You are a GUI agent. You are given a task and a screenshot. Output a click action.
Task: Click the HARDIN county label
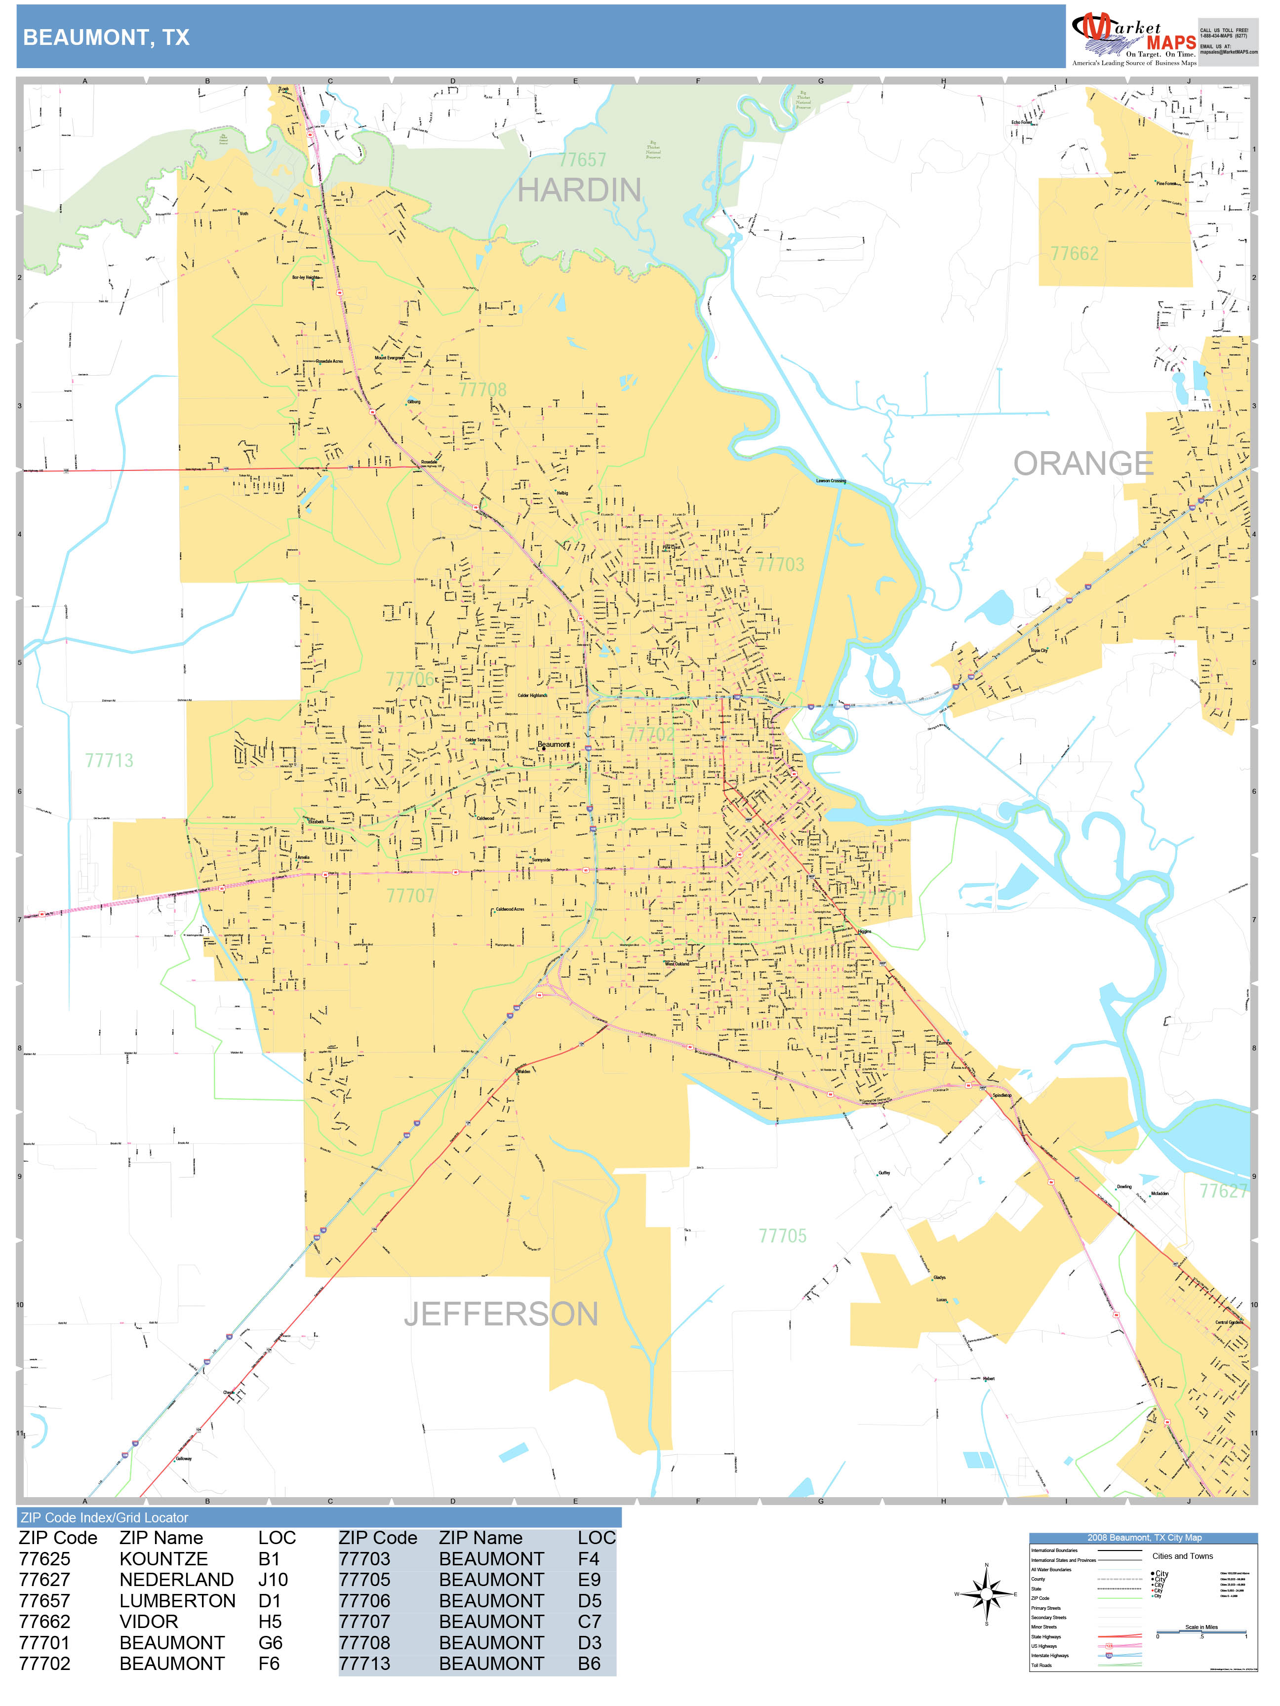(x=579, y=190)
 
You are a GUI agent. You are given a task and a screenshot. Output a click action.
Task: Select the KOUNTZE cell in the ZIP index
(x=163, y=1559)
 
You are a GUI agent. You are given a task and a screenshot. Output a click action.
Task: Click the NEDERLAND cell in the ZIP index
(x=176, y=1580)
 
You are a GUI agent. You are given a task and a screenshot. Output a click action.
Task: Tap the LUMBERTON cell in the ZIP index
(x=177, y=1600)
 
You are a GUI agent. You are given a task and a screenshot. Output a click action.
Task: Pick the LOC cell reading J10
(x=273, y=1580)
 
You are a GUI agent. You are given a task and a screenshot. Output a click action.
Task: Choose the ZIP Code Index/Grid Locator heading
(x=104, y=1517)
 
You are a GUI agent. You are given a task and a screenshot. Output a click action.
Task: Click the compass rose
(x=986, y=1593)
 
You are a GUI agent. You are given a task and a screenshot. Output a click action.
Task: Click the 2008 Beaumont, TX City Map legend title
(x=1143, y=1537)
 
